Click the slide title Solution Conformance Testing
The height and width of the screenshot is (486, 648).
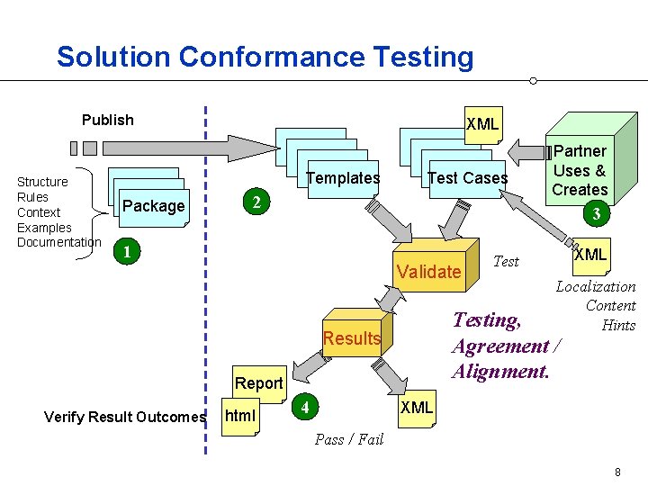pyautogui.click(x=265, y=57)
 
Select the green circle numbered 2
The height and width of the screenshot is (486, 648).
pyautogui.click(x=257, y=203)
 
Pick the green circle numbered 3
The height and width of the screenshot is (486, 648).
pyautogui.click(x=593, y=215)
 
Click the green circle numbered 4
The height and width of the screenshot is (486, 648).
pyautogui.click(x=307, y=408)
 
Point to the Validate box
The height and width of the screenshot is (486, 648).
pyautogui.click(x=428, y=271)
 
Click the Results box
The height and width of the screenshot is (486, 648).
pyautogui.click(x=351, y=338)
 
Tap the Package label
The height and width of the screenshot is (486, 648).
pyautogui.click(x=153, y=206)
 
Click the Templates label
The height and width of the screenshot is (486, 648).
pyautogui.click(x=343, y=178)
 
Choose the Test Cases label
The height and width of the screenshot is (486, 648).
pyautogui.click(x=467, y=178)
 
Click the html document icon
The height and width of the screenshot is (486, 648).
pyautogui.click(x=239, y=416)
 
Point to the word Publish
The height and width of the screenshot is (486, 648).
pyautogui.click(x=107, y=120)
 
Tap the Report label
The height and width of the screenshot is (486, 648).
pyautogui.click(x=258, y=383)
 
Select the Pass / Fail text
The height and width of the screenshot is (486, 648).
pyautogui.click(x=349, y=439)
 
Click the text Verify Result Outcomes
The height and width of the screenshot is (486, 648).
pyautogui.click(x=125, y=416)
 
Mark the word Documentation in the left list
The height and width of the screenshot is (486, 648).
pyautogui.click(x=59, y=242)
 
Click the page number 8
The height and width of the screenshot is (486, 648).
pyautogui.click(x=617, y=472)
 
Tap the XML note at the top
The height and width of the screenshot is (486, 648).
pyautogui.click(x=482, y=124)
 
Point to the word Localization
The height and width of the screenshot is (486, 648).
pyautogui.click(x=596, y=286)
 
